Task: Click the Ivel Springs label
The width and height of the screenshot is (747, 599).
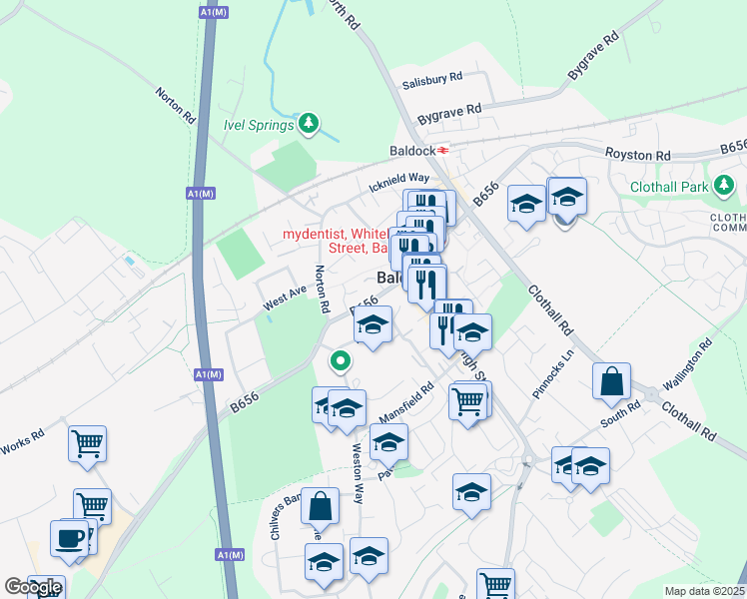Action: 258,125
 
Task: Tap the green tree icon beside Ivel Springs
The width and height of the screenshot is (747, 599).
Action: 310,124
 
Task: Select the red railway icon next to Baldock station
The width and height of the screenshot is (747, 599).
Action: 443,151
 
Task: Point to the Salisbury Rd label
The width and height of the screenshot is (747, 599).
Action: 431,77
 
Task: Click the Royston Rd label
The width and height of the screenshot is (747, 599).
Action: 637,156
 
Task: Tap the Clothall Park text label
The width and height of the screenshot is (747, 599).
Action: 668,187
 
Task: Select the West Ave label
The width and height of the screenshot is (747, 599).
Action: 284,298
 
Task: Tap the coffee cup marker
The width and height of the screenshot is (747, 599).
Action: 70,538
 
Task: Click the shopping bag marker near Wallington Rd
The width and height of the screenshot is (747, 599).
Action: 611,380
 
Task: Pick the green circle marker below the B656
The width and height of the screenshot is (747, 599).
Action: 340,360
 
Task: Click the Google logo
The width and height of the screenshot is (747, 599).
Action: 33,587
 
